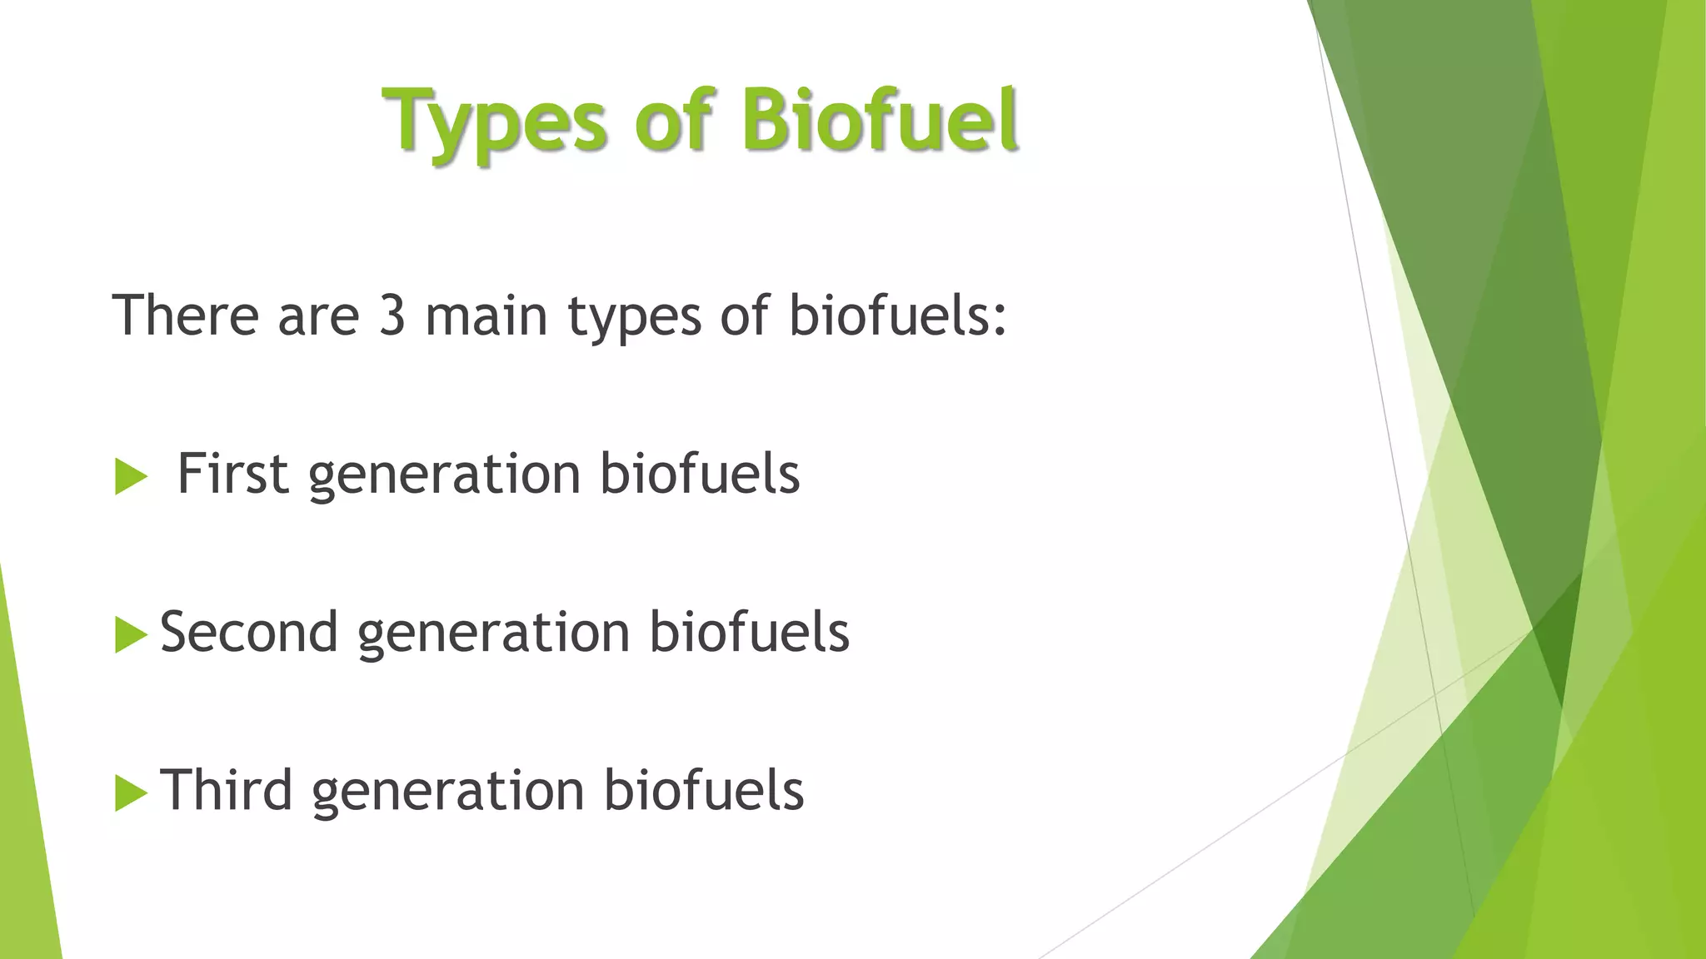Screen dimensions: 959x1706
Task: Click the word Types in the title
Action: tap(496, 123)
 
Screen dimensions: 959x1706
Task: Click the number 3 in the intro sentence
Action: tap(392, 316)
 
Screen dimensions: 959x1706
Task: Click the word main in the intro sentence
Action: tap(486, 316)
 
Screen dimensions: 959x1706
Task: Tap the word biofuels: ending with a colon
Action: tap(898, 316)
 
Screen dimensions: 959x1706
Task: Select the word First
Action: tap(232, 475)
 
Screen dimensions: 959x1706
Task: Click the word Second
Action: tap(249, 633)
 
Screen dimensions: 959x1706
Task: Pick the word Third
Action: tap(226, 791)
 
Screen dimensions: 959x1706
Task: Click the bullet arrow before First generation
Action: tap(130, 477)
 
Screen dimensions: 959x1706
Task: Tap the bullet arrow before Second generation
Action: tap(130, 635)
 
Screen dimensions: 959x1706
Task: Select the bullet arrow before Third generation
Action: tap(130, 793)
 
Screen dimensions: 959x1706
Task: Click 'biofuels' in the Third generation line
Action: tap(703, 791)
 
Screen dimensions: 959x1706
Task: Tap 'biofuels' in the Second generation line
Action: tap(749, 633)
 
